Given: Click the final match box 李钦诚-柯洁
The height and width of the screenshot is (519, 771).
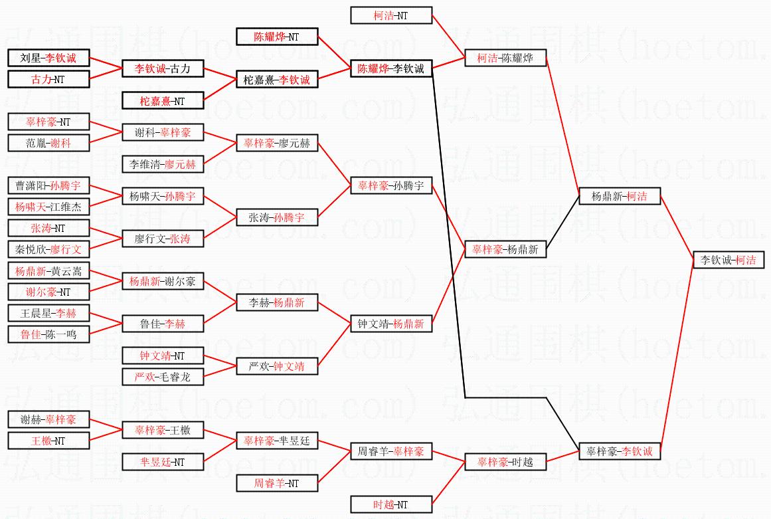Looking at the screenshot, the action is [728, 260].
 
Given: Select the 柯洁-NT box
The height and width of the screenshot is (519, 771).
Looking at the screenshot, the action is [392, 15].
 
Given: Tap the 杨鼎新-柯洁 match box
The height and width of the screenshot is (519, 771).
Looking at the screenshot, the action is [620, 196].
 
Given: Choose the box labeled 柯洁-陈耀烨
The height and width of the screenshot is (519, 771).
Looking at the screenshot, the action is [505, 58].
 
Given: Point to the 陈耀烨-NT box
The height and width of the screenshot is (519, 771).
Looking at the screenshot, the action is [277, 37].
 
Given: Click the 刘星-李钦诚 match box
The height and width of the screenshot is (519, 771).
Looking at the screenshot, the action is [48, 58].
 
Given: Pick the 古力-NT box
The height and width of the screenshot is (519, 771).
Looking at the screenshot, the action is [48, 79].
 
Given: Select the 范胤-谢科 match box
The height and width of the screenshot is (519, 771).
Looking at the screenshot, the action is [48, 143].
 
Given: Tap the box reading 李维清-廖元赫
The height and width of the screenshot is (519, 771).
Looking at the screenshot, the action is [163, 164].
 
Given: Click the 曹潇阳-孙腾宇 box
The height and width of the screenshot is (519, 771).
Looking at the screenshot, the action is [48, 185].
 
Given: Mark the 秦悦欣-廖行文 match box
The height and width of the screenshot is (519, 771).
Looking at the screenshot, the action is [48, 249].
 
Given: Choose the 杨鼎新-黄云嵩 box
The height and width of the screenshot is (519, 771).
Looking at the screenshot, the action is [48, 270].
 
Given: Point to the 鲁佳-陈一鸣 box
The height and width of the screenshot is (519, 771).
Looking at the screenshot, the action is [48, 334].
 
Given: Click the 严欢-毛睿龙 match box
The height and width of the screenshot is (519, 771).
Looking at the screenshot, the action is [163, 377].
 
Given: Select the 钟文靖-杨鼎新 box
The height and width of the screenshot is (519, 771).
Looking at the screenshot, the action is [391, 324].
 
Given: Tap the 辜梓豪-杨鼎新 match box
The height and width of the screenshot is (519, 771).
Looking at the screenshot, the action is [505, 249].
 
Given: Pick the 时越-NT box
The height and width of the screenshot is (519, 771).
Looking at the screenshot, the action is [391, 504].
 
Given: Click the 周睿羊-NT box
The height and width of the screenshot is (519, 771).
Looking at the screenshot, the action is [277, 483].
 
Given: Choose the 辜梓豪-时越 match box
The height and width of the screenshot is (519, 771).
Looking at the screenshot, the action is [505, 462].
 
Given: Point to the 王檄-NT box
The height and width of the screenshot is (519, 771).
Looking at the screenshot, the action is [48, 441].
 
